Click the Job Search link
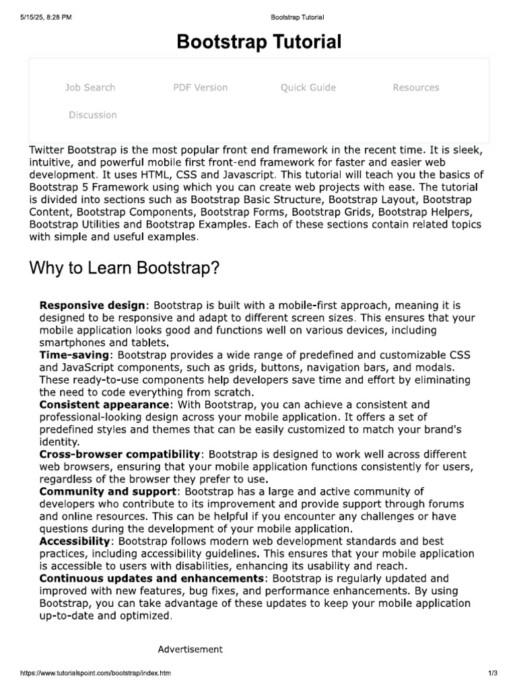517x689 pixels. click(90, 87)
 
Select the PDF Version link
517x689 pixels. click(200, 87)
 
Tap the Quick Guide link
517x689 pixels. click(308, 87)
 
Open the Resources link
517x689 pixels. click(415, 87)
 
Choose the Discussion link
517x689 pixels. click(92, 115)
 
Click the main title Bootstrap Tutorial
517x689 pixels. click(258, 42)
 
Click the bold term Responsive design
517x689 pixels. click(92, 305)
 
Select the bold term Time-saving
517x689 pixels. click(74, 354)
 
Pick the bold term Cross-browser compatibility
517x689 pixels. click(120, 455)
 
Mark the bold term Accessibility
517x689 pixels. click(74, 541)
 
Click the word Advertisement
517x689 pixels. click(190, 649)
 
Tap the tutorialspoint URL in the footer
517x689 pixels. click(96, 673)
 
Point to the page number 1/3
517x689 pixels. click(492, 673)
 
